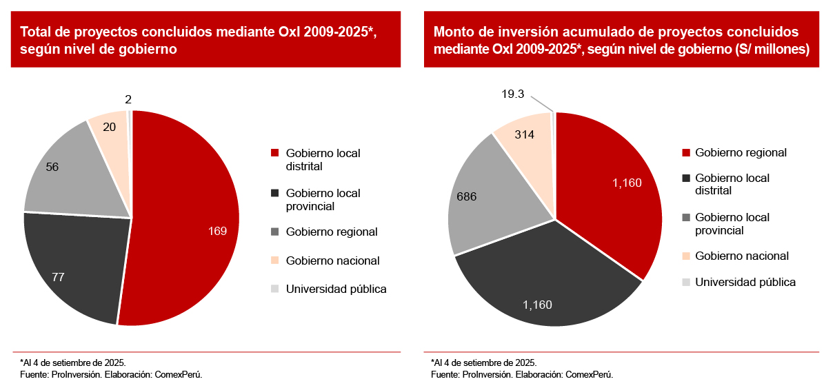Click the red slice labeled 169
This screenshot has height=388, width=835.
click(x=186, y=221)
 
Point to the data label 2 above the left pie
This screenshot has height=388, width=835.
click(x=128, y=99)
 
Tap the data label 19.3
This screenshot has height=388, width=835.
click(x=513, y=94)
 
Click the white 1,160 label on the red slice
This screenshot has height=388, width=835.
click(x=627, y=183)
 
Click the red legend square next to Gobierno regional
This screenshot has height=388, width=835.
click(x=685, y=153)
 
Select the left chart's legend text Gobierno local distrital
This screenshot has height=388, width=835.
click(x=323, y=159)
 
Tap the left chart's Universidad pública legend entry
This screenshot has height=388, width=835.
click(x=336, y=289)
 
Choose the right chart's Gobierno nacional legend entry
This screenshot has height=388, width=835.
click(x=742, y=256)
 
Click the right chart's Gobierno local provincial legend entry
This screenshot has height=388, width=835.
click(x=732, y=223)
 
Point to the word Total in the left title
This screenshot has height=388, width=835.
click(x=36, y=32)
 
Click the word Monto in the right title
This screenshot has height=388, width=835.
click(x=452, y=32)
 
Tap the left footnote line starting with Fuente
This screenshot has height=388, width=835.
click(x=111, y=374)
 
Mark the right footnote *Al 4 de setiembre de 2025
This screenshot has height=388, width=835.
click(x=483, y=363)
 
